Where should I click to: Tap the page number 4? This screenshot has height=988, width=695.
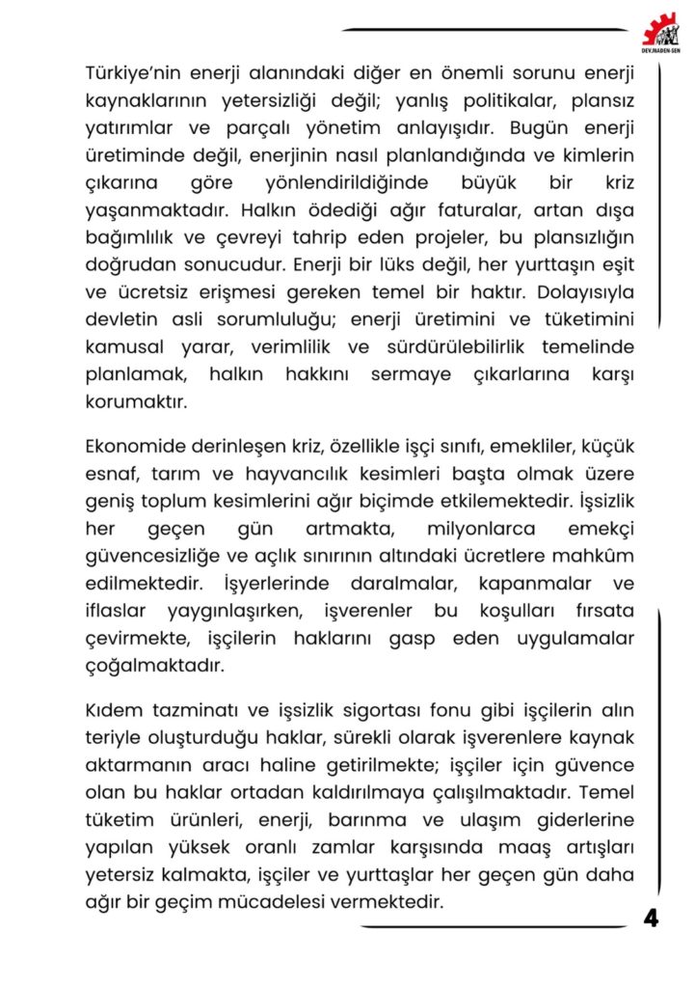[652, 918]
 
